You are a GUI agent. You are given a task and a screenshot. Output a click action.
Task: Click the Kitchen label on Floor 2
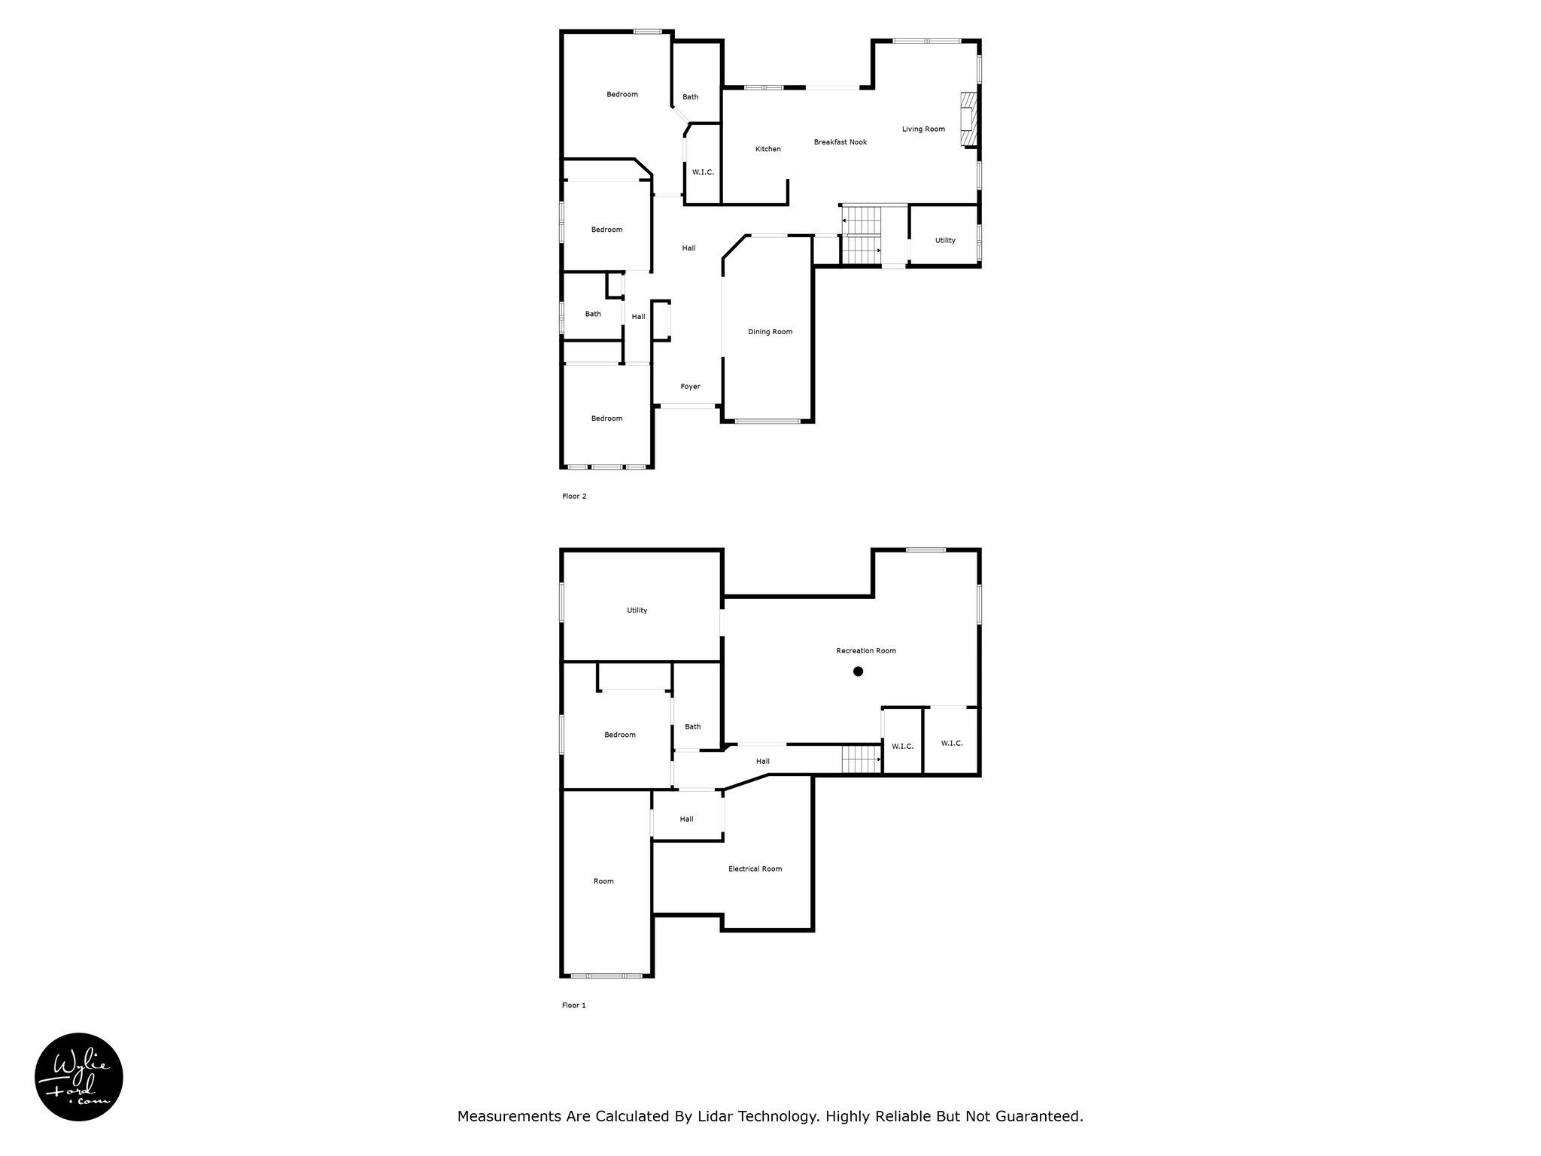click(768, 149)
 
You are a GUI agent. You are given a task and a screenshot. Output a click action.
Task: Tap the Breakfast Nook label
click(840, 142)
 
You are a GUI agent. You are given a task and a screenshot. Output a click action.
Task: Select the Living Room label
click(923, 129)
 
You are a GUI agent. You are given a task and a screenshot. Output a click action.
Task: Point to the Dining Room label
click(770, 332)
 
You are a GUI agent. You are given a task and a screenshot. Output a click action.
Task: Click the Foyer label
click(690, 387)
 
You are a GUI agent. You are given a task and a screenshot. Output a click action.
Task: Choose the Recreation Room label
click(866, 651)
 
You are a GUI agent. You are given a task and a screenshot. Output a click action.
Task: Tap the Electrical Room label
click(755, 869)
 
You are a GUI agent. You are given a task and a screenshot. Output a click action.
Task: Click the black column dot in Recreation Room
click(858, 671)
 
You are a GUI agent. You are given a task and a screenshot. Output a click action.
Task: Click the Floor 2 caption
click(574, 497)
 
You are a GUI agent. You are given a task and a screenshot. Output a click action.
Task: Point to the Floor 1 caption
click(573, 1005)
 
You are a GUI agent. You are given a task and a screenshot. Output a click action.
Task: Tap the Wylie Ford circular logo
click(79, 1077)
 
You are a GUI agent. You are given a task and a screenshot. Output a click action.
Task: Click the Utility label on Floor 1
click(637, 610)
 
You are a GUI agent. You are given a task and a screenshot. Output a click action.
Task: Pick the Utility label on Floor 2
click(945, 241)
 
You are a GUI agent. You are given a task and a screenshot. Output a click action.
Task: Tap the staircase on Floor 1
click(862, 759)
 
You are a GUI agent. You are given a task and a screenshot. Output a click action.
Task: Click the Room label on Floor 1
click(603, 881)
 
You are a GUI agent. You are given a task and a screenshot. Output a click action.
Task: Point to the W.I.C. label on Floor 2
click(703, 172)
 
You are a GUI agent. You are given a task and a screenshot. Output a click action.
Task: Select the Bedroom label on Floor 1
click(620, 735)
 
